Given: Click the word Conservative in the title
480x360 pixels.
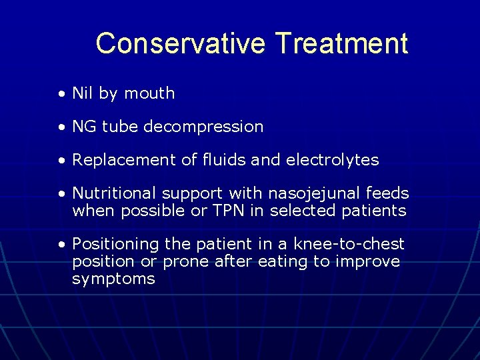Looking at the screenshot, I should click(180, 44).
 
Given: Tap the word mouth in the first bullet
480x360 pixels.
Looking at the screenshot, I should click(149, 93).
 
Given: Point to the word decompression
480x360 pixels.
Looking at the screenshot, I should click(211, 127).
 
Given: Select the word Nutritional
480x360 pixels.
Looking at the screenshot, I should click(114, 193).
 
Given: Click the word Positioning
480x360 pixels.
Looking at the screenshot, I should click(115, 245).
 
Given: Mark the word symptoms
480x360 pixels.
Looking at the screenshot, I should click(113, 279).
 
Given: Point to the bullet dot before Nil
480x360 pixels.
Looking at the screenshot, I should click(61, 94).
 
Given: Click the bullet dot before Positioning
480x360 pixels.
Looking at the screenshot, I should click(61, 245).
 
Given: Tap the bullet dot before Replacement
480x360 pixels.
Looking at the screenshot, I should click(61, 161).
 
